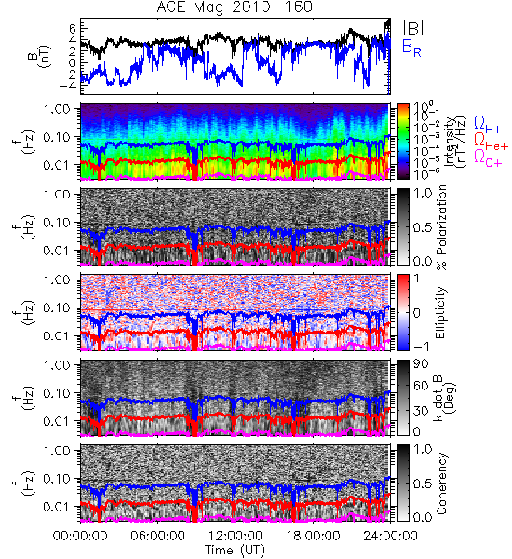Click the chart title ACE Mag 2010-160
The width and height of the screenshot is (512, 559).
coord(235,7)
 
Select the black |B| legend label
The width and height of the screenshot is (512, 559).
coord(413,28)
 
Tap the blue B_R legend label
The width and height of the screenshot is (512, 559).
coord(411,48)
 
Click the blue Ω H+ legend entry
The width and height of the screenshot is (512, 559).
coord(488,125)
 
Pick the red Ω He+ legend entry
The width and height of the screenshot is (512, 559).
coord(491,142)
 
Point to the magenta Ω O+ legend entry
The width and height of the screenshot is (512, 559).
coord(488,158)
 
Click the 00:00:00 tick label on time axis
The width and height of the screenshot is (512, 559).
coord(80,536)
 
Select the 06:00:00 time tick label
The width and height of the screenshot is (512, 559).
coord(158,536)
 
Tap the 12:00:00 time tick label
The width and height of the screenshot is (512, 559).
coord(236,536)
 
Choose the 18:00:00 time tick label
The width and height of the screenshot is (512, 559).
coord(313,536)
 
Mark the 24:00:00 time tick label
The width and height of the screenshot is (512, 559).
coord(390,536)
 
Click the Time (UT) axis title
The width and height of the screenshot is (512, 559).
coord(236,550)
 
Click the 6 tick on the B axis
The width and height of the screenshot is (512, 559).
coord(73,27)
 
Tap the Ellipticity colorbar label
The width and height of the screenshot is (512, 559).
coord(440,313)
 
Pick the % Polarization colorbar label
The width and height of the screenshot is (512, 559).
coord(441,226)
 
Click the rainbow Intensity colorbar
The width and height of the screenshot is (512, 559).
coord(403,142)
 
